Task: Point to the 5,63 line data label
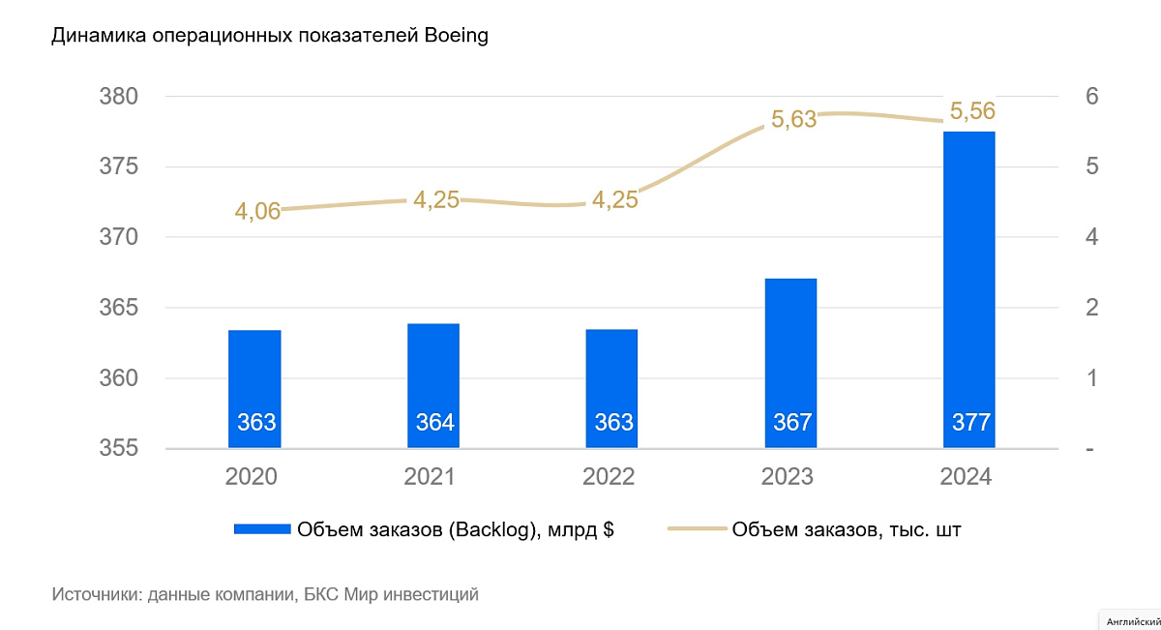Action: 793,120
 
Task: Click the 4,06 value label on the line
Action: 257,210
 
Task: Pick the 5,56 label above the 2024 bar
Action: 972,111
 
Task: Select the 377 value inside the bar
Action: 969,423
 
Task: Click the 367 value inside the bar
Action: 791,423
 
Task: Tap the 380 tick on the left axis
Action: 119,97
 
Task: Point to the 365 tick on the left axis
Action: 119,308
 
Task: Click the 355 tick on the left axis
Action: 119,449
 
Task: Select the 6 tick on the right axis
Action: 1091,97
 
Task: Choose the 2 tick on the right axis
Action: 1091,308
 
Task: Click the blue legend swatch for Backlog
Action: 261,529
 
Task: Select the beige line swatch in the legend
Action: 697,529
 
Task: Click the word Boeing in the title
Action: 456,37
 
